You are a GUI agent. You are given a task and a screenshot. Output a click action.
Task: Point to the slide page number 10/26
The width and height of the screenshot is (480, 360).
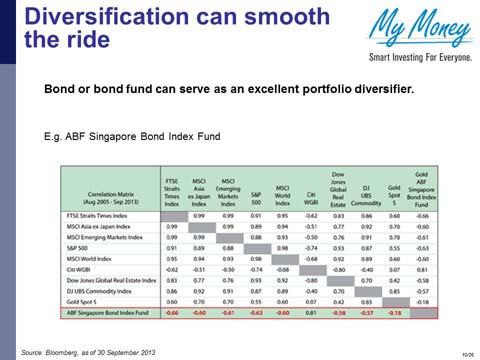467,353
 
